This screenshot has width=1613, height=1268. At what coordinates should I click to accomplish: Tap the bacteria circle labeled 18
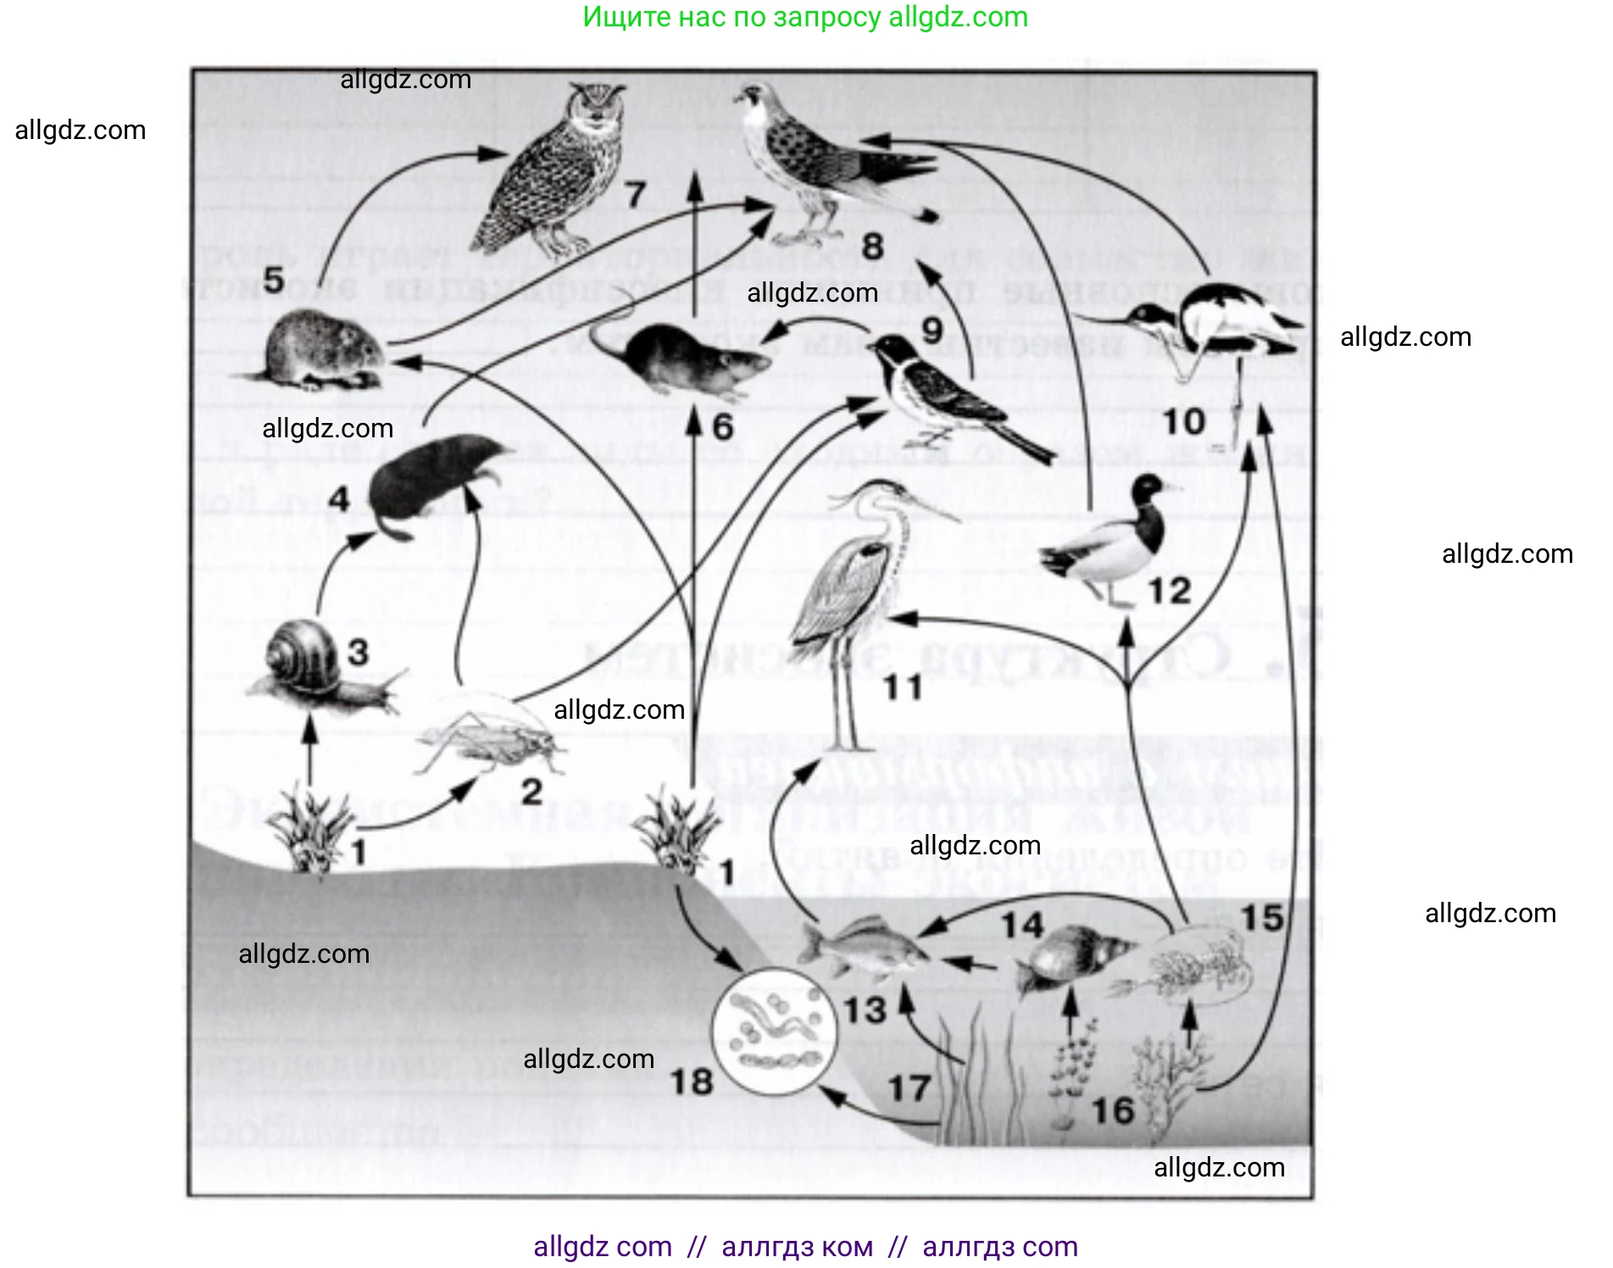(773, 1030)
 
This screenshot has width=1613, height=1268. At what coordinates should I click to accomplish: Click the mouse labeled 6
(687, 356)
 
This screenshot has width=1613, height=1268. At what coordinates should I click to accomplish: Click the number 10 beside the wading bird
(1183, 421)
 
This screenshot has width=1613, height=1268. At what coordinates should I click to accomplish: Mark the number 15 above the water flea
(1262, 917)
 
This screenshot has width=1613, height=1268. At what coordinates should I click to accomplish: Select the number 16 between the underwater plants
(1111, 1111)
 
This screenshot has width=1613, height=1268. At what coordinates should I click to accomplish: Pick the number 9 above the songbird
(932, 331)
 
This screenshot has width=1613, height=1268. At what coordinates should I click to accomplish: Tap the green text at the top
(805, 17)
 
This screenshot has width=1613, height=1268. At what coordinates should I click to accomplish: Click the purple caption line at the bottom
(805, 1247)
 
